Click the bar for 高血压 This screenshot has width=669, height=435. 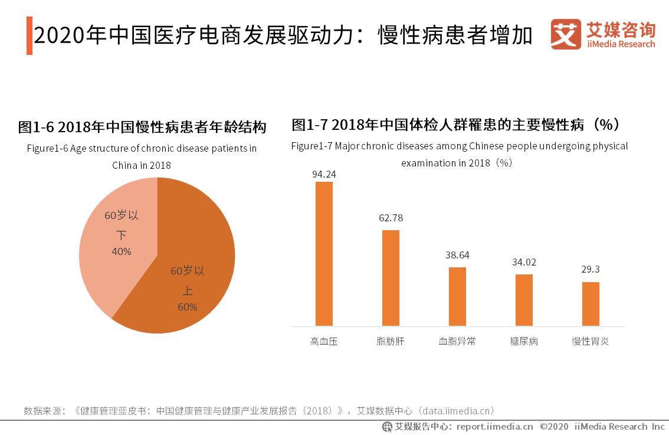(324, 254)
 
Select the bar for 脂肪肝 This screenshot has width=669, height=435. (391, 278)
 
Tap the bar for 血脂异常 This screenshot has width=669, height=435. (457, 296)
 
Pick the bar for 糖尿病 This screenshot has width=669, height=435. (524, 300)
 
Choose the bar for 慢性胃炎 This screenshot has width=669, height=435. (591, 304)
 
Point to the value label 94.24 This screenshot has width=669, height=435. (324, 174)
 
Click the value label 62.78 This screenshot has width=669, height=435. (391, 218)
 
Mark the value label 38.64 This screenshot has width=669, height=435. (457, 255)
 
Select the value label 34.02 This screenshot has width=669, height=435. (524, 262)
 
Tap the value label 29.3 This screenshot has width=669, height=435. (591, 269)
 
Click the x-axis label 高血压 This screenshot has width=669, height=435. (324, 341)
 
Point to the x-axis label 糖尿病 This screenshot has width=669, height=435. (524, 341)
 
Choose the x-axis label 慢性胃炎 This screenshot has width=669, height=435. (591, 341)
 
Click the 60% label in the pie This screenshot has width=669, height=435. (187, 307)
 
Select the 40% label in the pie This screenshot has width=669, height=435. (121, 251)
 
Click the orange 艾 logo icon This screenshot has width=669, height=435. (566, 35)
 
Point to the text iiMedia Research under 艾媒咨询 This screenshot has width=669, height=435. (621, 44)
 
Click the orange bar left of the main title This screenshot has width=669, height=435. (29, 36)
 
